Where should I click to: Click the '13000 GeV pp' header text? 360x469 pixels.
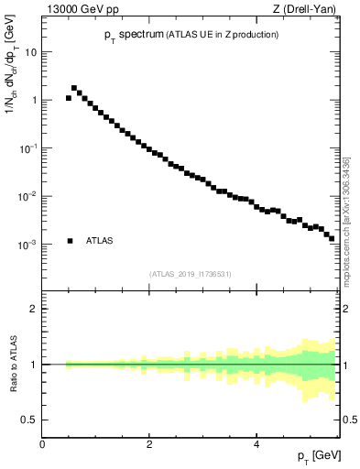[x=77, y=10]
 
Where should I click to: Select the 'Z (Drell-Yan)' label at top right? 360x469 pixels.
[x=310, y=10]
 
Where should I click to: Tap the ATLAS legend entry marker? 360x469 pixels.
[x=70, y=241]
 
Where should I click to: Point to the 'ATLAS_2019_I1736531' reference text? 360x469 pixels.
[x=191, y=273]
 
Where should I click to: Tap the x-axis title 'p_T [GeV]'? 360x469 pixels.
[x=320, y=456]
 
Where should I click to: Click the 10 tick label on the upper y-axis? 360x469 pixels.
[x=30, y=52]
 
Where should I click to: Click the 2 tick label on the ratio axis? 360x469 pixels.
[x=33, y=309]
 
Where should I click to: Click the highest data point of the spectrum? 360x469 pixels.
[x=74, y=88]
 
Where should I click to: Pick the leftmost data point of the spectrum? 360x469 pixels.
[x=69, y=98]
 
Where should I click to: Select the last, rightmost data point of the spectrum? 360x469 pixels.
[x=332, y=238]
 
